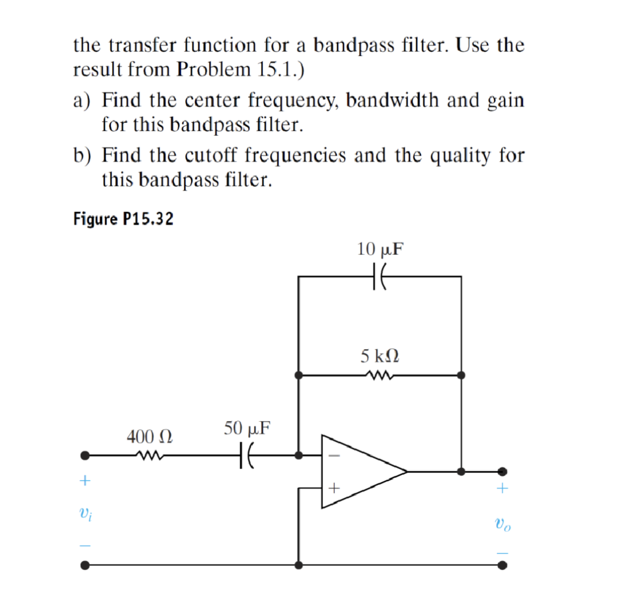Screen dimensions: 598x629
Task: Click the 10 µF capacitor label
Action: click(380, 249)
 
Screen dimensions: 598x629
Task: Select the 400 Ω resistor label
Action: click(149, 437)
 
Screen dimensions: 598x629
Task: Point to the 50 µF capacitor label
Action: click(247, 427)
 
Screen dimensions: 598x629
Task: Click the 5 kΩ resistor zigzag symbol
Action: click(379, 374)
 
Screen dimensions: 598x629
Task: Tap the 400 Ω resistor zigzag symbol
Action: click(149, 455)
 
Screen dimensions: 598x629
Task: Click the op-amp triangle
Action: click(360, 472)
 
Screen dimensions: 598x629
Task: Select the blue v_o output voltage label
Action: click(502, 522)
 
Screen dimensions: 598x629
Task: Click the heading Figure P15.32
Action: click(123, 219)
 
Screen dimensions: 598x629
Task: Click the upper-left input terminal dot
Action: click(85, 455)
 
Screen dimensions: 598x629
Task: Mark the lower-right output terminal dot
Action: click(502, 565)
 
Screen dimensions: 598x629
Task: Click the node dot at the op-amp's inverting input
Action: click(299, 455)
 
